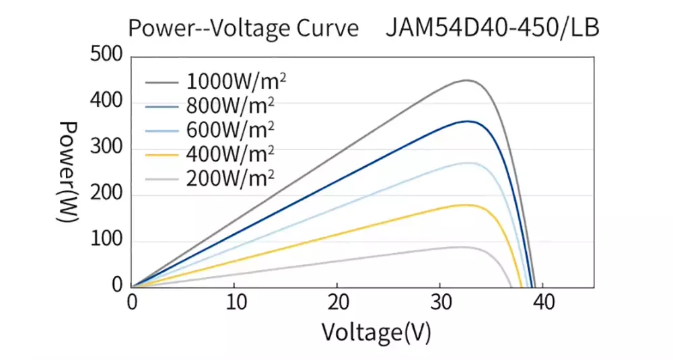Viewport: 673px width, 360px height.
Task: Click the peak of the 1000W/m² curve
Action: coord(466,80)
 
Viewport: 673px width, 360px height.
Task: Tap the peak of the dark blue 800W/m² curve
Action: coord(468,121)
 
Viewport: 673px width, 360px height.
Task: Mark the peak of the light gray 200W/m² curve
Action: coord(463,247)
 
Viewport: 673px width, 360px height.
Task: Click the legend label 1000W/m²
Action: coord(236,81)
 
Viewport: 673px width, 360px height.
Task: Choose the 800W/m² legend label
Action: coord(230,106)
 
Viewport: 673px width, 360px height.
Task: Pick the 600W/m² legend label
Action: coord(230,130)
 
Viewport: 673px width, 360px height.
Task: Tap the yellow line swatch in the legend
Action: coord(162,155)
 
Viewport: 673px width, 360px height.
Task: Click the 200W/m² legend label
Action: coord(230,178)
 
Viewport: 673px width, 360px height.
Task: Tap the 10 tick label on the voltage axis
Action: coord(236,302)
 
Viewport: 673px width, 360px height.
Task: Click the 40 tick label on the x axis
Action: coord(544,302)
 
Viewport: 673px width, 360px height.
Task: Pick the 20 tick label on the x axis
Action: coord(339,302)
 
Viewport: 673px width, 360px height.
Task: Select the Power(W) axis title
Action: coord(68,172)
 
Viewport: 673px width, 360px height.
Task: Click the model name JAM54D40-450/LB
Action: coord(493,28)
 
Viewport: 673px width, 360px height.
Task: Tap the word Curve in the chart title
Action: coord(328,28)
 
